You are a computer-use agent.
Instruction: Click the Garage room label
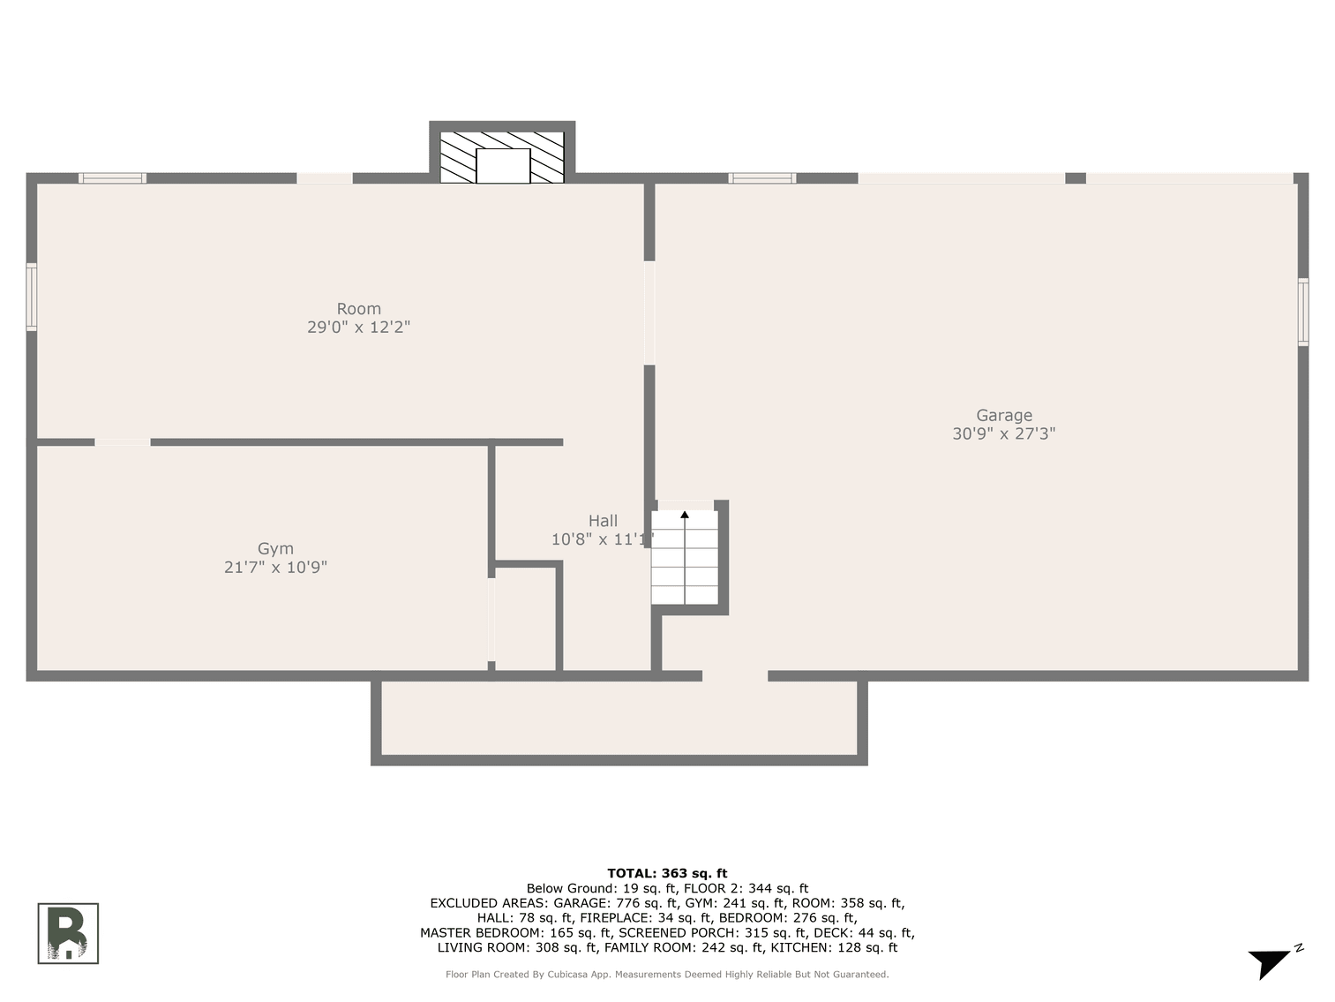point(1003,415)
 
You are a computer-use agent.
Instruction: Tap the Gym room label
point(275,548)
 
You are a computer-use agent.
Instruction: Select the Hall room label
point(603,521)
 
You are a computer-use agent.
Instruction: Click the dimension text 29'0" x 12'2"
point(358,328)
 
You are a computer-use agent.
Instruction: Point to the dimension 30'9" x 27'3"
point(1003,433)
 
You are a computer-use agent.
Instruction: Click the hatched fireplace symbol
point(501,157)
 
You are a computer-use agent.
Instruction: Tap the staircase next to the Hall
point(685,558)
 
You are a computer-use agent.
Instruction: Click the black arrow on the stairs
point(685,515)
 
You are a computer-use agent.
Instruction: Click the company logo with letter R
point(68,933)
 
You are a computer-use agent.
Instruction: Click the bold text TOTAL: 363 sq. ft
point(667,873)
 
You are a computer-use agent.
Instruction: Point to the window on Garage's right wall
point(1303,312)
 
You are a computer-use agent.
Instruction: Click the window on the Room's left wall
point(32,297)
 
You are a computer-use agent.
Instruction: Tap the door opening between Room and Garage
point(649,313)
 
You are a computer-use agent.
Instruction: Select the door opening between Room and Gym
point(123,442)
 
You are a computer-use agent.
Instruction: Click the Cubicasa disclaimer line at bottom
point(667,975)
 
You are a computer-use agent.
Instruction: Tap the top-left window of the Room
point(112,178)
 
